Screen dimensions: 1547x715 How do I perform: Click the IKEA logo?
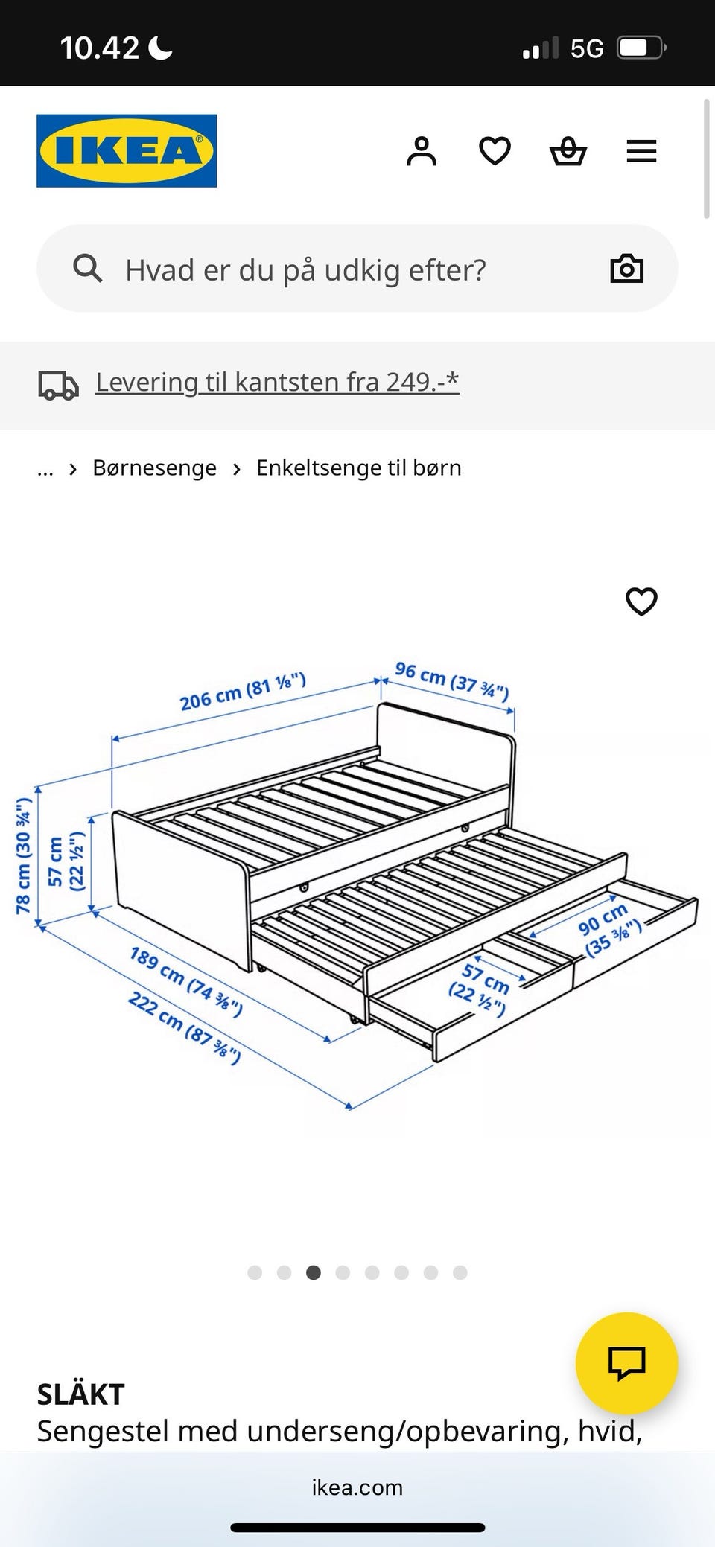pos(127,150)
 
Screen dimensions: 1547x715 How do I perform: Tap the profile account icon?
pos(422,151)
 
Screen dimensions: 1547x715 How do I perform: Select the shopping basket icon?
pos(568,151)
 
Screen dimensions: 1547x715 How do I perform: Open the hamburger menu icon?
pos(641,151)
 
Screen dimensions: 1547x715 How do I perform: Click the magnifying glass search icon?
pos(87,268)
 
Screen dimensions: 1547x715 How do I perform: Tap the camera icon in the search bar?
pos(626,268)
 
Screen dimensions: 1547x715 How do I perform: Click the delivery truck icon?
pos(58,385)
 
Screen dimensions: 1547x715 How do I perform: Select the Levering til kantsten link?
pos(277,382)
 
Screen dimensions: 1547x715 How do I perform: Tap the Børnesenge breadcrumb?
pos(154,468)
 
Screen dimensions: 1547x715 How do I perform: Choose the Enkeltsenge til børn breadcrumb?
pos(359,468)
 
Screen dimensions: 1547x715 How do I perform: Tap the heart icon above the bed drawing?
pos(641,602)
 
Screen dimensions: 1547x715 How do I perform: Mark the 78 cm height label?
pos(24,855)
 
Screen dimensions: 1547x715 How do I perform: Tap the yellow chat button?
pos(626,1363)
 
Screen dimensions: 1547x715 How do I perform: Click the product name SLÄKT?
pos(80,1394)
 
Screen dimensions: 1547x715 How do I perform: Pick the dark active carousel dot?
pos(314,1272)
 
